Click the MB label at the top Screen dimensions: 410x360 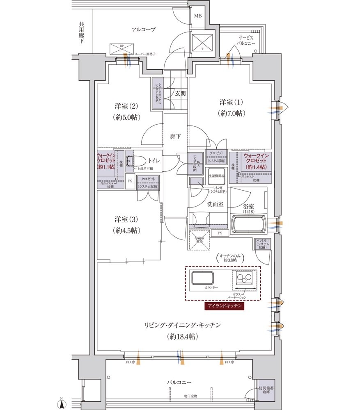point(198,16)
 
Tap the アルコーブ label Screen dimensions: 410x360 point(143,30)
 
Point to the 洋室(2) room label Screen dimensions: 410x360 point(126,111)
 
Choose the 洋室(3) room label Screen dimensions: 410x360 point(126,224)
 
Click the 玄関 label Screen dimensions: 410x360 point(180,93)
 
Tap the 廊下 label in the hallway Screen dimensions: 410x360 point(175,137)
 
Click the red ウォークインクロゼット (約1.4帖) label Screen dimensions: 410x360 point(255,162)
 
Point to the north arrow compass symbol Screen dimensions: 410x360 point(62,403)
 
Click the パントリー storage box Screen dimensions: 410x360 point(262,244)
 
